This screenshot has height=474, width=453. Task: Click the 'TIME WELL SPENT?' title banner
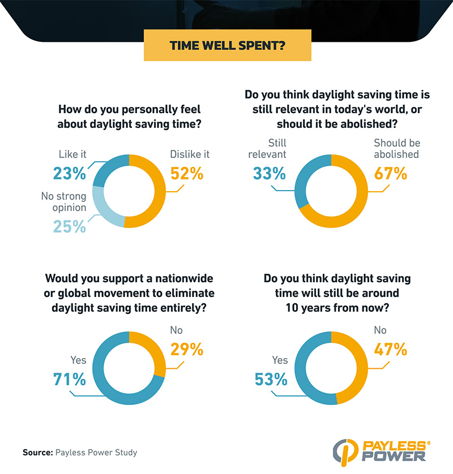pyautogui.click(x=226, y=45)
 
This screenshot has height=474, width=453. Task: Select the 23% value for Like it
pyautogui.click(x=70, y=174)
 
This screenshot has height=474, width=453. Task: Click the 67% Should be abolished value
pyautogui.click(x=390, y=173)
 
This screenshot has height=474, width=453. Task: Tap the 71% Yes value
pyautogui.click(x=70, y=378)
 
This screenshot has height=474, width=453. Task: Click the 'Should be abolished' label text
pyautogui.click(x=396, y=148)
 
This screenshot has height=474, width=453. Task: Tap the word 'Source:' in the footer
pyautogui.click(x=37, y=453)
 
